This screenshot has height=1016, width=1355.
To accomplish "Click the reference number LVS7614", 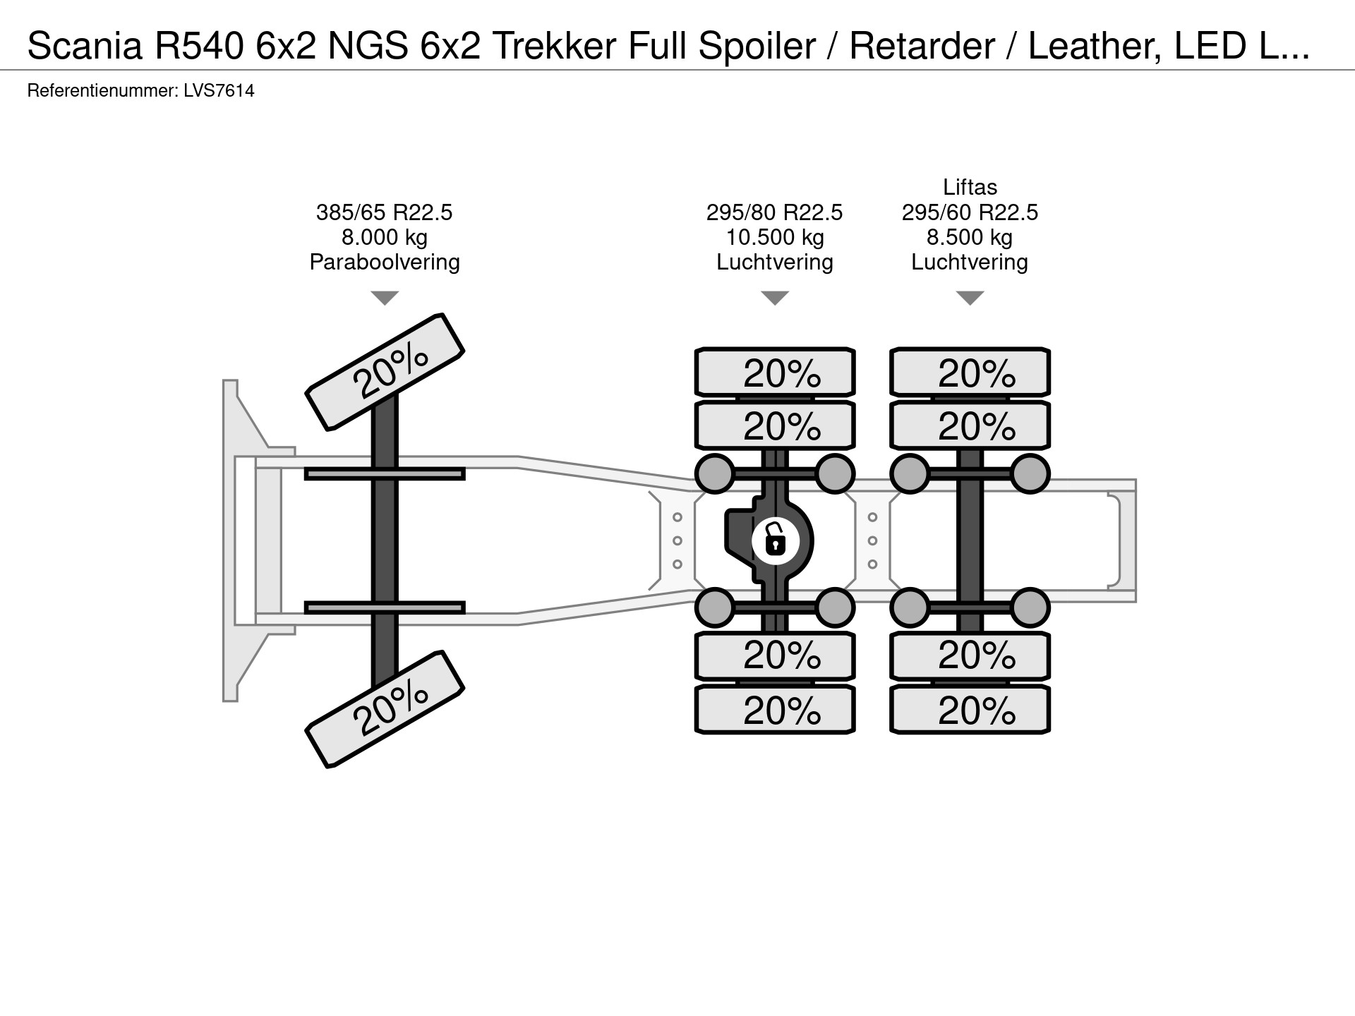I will (218, 91).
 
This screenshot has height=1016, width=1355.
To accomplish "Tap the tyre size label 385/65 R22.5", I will (384, 212).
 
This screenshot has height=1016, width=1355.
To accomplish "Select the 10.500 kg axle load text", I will (775, 237).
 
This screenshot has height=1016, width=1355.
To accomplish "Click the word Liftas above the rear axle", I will (970, 187).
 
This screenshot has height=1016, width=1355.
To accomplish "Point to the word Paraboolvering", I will (384, 262).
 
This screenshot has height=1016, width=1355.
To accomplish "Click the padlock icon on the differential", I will (775, 541).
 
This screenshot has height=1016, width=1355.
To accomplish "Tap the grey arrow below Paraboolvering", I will (384, 298).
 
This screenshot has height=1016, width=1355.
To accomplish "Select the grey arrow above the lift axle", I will (970, 298).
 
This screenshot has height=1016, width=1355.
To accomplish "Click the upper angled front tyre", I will (385, 371).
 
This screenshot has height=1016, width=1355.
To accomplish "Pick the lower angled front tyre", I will (385, 709).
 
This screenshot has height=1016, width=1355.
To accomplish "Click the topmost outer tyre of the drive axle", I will (775, 372).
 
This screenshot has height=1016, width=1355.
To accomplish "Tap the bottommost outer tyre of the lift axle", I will (970, 710).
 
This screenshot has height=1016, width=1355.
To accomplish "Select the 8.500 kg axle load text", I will (970, 237).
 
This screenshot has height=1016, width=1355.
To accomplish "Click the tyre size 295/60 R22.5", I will (970, 212).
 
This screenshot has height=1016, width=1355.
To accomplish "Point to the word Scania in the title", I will (80, 47).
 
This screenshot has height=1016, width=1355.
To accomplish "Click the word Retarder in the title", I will (922, 47).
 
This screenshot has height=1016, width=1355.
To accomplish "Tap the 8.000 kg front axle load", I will (384, 237).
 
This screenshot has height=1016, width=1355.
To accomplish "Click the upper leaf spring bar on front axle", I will (385, 473).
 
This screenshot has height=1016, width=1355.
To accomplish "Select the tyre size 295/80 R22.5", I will (775, 212).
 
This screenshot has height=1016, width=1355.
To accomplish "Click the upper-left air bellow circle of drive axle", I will (715, 473).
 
